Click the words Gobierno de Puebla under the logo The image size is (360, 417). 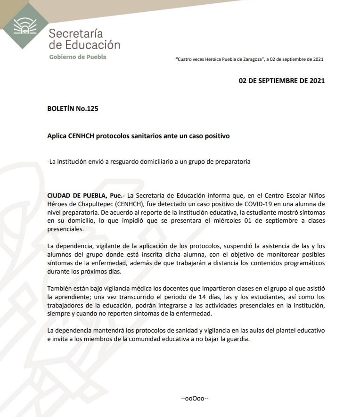[x=78, y=57]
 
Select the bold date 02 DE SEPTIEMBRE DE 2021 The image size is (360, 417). [x=282, y=81]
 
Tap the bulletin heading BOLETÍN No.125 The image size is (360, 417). [x=73, y=108]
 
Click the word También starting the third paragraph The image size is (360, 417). [x=60, y=289]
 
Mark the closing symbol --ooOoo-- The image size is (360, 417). [x=195, y=399]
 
